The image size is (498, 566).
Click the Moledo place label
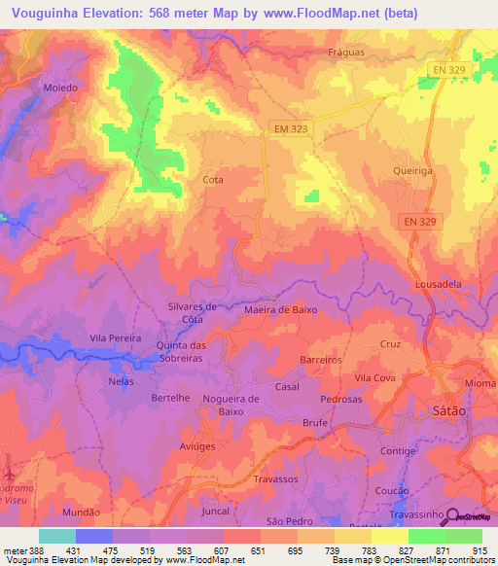click(59, 87)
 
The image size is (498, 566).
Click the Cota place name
click(212, 180)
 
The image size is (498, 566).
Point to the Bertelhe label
click(172, 399)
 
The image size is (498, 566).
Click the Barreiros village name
click(321, 359)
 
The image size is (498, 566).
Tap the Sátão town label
click(447, 411)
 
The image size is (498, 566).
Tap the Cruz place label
click(390, 344)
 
